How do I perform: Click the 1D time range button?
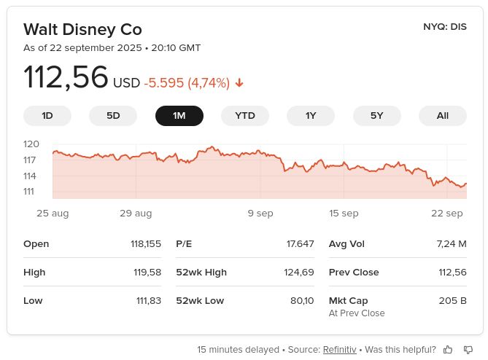(x=47, y=116)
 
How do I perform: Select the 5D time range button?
(x=113, y=116)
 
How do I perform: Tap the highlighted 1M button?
(x=179, y=116)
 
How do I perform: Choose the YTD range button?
(x=245, y=116)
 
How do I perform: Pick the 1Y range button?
(x=311, y=116)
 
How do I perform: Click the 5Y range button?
(x=376, y=116)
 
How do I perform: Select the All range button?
(x=443, y=116)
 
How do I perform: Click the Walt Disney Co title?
(x=82, y=29)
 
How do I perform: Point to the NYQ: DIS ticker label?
(x=444, y=27)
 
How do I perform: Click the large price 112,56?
(x=66, y=78)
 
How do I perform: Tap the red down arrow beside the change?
(x=239, y=83)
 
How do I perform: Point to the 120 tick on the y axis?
(x=31, y=144)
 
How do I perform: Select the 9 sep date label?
(x=260, y=214)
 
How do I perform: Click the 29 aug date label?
(x=136, y=214)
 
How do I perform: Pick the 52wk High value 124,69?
(x=299, y=273)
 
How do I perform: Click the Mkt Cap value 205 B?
(x=452, y=300)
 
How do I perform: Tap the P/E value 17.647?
(x=300, y=244)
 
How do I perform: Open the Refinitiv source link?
(x=340, y=350)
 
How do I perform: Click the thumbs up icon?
(x=448, y=350)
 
